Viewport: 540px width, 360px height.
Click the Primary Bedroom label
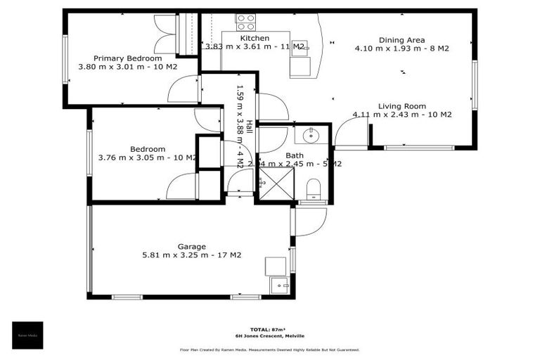128,58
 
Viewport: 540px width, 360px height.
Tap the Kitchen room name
255,38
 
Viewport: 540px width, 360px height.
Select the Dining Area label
402,40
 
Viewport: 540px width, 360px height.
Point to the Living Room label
402,106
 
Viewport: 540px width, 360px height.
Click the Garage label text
191,247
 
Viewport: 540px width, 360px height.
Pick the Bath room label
294,155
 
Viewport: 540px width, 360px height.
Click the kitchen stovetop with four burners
245,20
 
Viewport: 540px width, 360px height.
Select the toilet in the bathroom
313,188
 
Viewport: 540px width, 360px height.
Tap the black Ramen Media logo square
27,335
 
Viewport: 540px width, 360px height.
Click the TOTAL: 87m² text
269,329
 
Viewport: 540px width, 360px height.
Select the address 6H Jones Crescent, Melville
270,337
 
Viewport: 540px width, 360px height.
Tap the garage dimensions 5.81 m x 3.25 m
191,255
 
